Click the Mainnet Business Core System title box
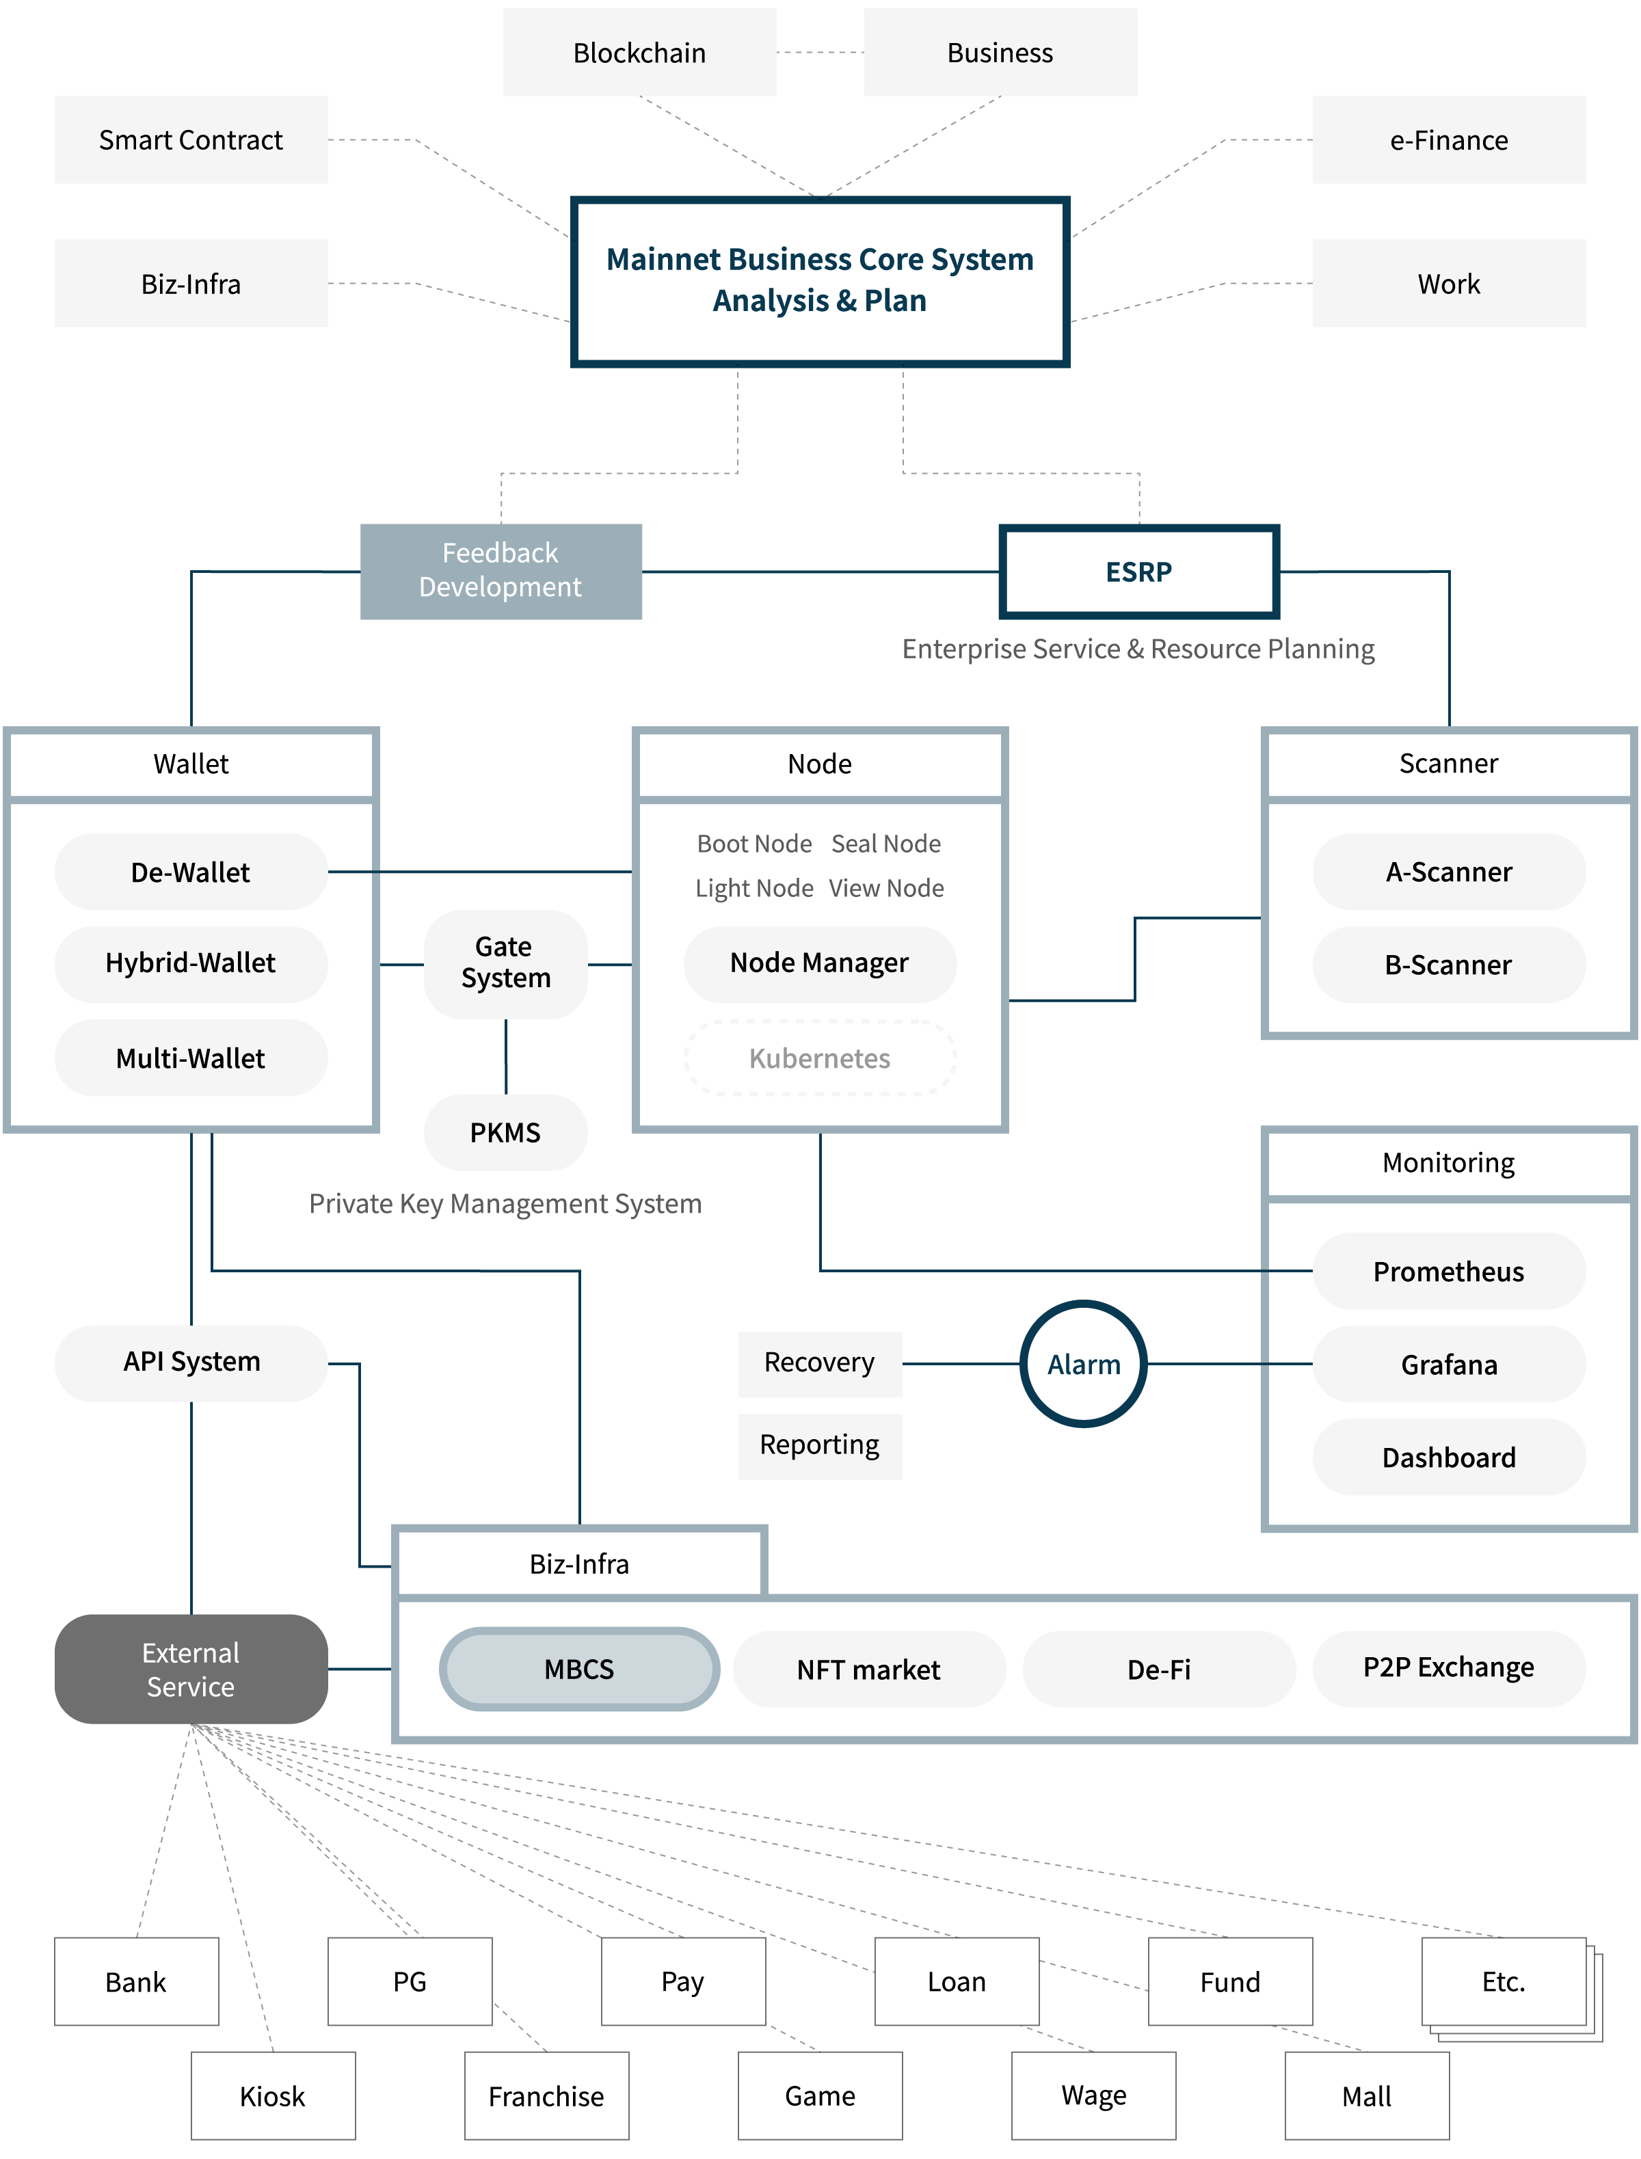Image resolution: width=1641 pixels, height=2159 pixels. pos(820,281)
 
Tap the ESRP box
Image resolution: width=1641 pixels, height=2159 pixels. pos(1139,572)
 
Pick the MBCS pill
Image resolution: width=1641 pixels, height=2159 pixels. pos(579,1669)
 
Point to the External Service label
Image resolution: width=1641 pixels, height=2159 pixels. pos(191,1669)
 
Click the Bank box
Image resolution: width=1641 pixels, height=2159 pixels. pos(136,1981)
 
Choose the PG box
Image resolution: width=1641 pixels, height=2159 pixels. pos(410,1981)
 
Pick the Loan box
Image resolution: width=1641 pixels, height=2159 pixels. pos(957,1981)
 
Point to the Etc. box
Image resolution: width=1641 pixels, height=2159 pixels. pos(1504,1981)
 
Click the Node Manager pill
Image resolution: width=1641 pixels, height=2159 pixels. pos(820,964)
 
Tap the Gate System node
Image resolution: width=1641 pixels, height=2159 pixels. pos(505,964)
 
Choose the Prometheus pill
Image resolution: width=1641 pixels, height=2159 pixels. pos(1449,1272)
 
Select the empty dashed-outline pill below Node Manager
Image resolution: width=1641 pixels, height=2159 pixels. pos(820,1058)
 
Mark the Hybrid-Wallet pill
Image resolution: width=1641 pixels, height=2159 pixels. pos(191,964)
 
